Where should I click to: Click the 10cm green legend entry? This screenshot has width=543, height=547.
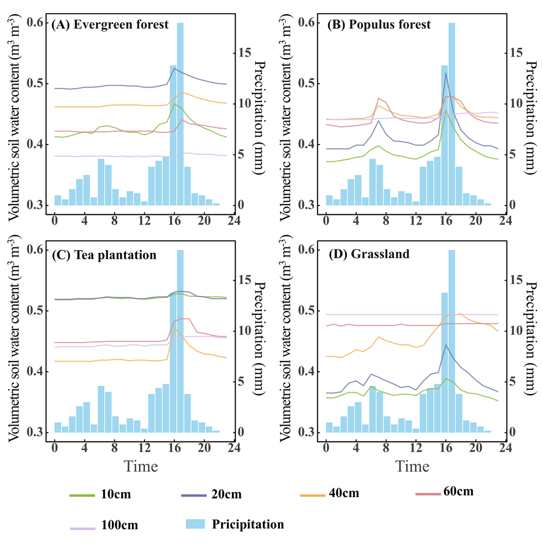click(x=100, y=495)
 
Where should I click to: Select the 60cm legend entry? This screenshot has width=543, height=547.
click(x=444, y=493)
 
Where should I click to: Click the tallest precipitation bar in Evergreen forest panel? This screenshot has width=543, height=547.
click(x=180, y=114)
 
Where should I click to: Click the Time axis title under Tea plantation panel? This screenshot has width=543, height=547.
click(x=140, y=467)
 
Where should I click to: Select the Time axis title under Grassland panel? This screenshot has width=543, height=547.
click(x=411, y=467)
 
